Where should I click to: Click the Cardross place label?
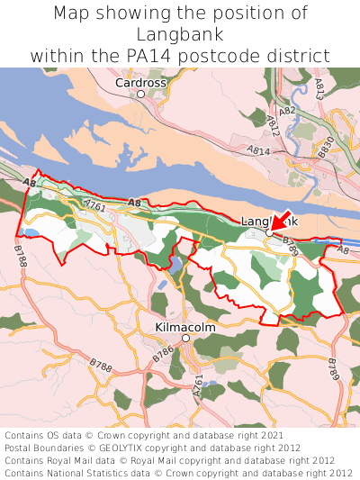[140, 82]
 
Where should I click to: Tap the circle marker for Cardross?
[140, 94]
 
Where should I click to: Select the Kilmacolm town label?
[185, 327]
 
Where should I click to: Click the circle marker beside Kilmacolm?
[185, 339]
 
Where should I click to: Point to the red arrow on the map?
[280, 222]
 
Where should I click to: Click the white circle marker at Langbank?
[269, 232]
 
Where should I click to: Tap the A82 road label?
[286, 111]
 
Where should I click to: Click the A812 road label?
[274, 125]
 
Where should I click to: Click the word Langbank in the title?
[180, 34]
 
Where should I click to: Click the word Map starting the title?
[72, 14]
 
